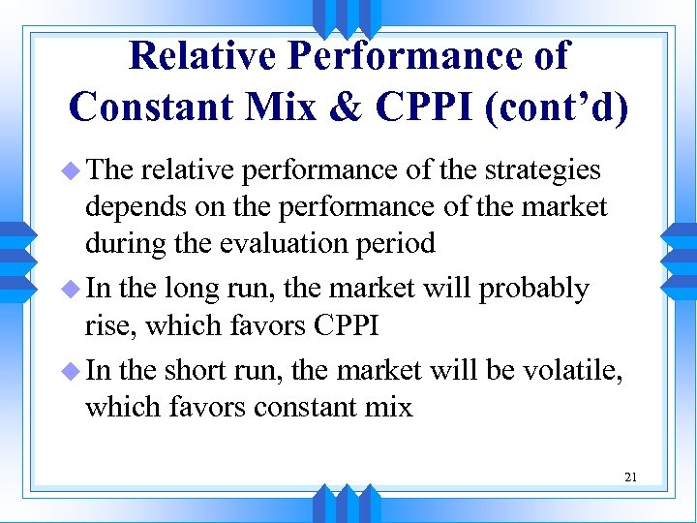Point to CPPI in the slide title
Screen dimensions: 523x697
point(427,107)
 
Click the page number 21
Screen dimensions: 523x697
point(630,477)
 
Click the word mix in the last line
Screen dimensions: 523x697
point(389,407)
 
